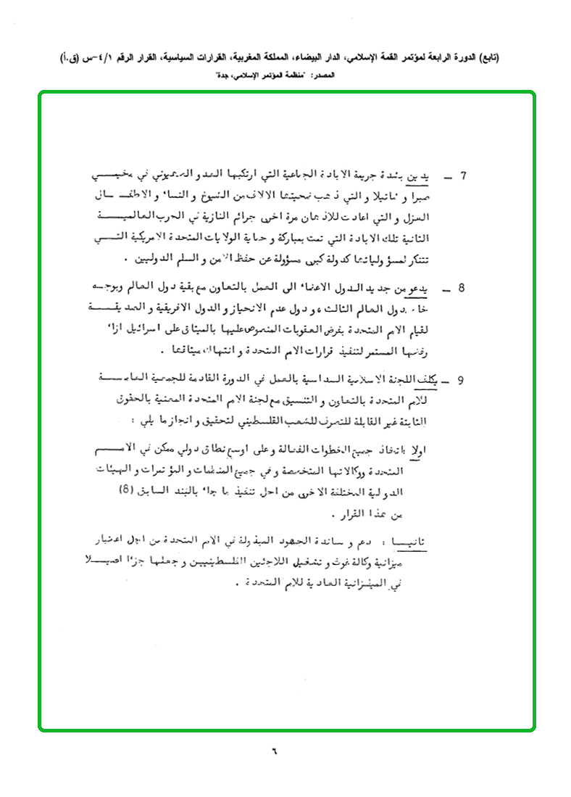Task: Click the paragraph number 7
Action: [464, 176]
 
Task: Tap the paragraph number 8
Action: [462, 289]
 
